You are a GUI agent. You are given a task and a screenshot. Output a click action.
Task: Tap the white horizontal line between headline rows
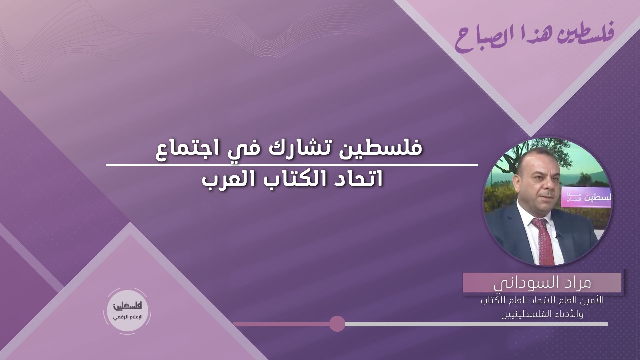click(x=292, y=165)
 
